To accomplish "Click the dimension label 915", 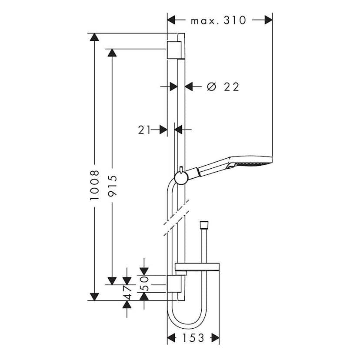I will click(x=113, y=186).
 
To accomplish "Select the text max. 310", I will click(x=218, y=20).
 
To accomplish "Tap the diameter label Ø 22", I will click(x=223, y=87).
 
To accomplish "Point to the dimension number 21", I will click(x=144, y=129).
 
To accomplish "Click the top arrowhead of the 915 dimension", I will click(x=112, y=53).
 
